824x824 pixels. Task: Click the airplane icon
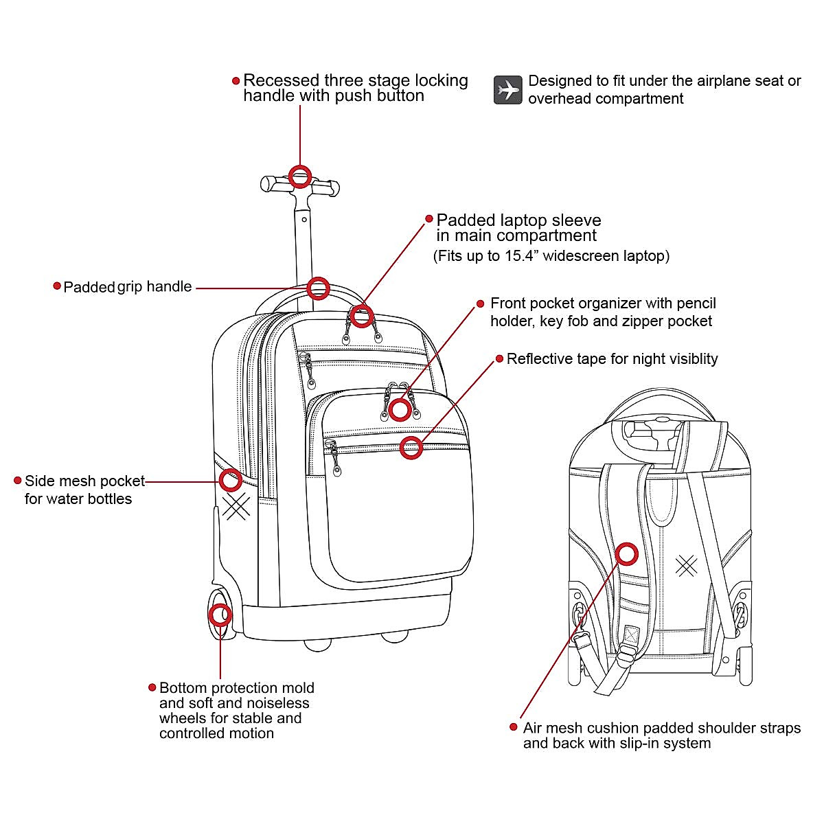click(x=508, y=90)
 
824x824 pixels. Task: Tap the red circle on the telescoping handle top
click(x=300, y=176)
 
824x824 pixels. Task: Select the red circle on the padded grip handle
click(x=318, y=288)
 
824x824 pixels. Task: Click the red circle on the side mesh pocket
click(x=231, y=480)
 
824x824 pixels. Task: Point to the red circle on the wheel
click(x=220, y=615)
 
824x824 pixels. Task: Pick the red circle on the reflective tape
click(x=411, y=448)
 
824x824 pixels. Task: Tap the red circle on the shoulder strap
click(x=626, y=553)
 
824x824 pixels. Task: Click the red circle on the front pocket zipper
click(x=400, y=410)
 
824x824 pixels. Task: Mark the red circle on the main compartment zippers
click(x=361, y=317)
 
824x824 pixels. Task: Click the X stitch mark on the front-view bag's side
click(x=236, y=507)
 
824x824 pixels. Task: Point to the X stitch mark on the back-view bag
click(x=686, y=565)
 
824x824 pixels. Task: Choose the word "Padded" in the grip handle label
click(x=89, y=287)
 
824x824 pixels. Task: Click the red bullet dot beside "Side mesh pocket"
click(x=18, y=480)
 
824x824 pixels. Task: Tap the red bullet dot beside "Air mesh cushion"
click(x=513, y=726)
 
